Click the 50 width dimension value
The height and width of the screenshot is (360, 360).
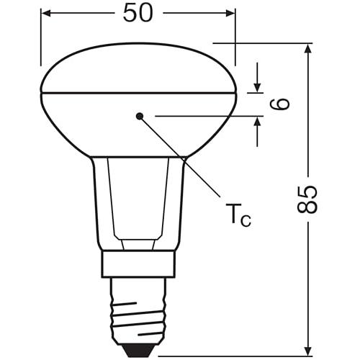138,14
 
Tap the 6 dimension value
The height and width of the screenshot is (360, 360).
282,103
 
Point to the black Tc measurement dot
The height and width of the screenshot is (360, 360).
140,115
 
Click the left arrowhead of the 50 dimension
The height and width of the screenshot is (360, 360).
45,14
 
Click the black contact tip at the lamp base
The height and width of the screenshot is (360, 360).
138,348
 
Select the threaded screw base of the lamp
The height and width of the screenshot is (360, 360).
138,310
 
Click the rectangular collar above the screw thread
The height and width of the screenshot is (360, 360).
138,264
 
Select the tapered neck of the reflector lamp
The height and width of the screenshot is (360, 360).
138,202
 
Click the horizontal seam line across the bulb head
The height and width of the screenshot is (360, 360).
138,92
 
